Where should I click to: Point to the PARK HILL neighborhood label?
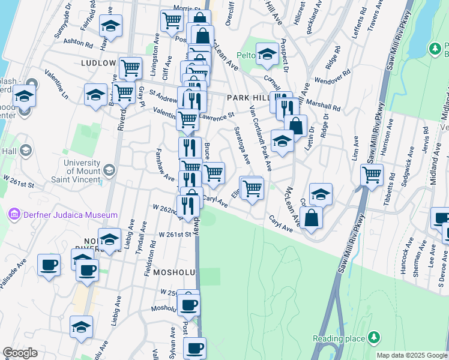[x=246, y=97]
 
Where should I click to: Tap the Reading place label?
[x=339, y=339]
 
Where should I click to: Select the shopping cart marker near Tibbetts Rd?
[x=372, y=175]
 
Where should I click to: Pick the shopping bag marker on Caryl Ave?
[x=311, y=217]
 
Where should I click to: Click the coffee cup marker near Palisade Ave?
[x=49, y=265]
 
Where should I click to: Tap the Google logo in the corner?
[x=20, y=353]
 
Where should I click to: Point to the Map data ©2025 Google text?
[x=412, y=355]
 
